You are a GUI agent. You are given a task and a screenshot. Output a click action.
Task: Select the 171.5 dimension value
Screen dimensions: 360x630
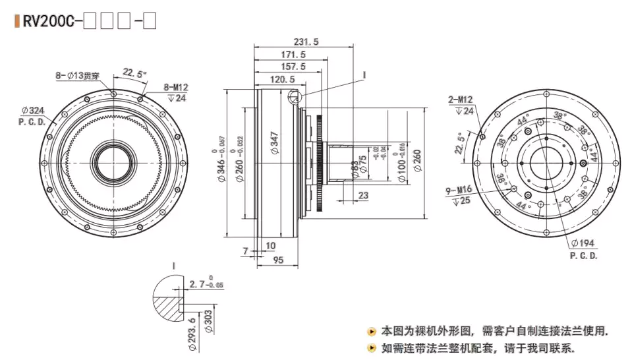(x=293, y=54)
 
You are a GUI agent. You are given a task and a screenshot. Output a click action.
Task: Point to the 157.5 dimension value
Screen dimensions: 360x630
(x=293, y=67)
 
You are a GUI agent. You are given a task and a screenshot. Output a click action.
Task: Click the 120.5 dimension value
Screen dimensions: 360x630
(x=282, y=79)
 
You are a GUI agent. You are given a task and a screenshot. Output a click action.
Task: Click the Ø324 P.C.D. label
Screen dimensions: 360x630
(x=32, y=115)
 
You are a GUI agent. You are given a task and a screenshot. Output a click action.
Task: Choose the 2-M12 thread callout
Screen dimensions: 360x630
(x=461, y=100)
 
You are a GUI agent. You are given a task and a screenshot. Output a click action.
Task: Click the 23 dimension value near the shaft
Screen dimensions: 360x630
(x=364, y=195)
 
